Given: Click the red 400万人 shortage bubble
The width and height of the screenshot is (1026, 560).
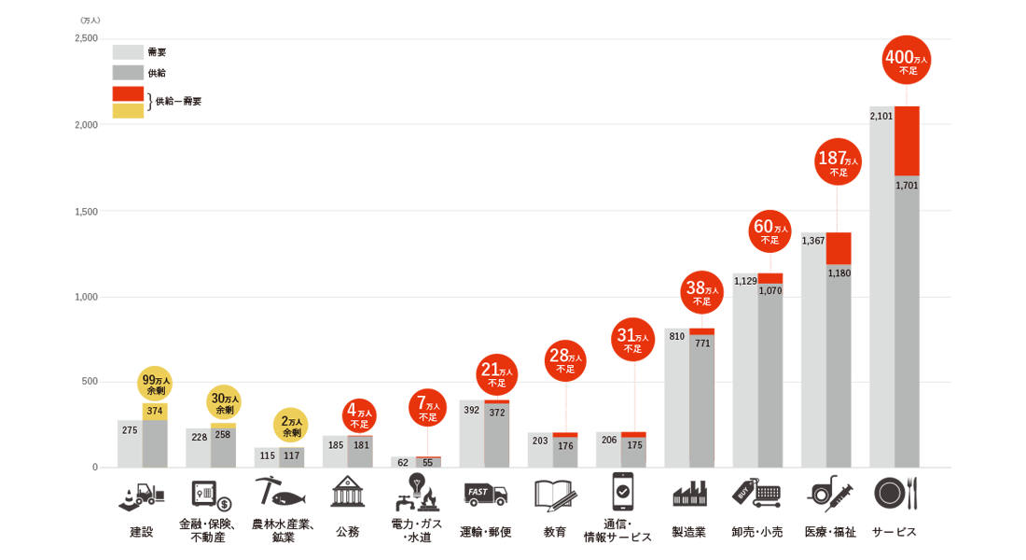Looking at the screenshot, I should coord(907,60).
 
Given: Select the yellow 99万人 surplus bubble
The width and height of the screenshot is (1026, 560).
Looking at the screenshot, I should coord(155,384).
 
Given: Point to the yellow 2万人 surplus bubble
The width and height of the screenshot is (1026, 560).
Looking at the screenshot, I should coord(292,425).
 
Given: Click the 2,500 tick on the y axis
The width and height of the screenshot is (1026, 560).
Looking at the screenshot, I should coord(86,38).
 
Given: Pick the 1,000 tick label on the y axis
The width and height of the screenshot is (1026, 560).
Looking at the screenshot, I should coord(86,297).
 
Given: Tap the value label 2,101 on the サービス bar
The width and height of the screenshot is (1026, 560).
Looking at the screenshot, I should coord(881,117).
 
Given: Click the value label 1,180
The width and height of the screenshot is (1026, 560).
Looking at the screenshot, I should coord(839,273).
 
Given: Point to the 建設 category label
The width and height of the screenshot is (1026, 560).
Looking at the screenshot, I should coord(141,532).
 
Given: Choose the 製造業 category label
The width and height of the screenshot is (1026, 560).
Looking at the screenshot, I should coord(689,532).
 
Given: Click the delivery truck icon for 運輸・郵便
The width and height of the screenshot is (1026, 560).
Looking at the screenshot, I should coord(485,493).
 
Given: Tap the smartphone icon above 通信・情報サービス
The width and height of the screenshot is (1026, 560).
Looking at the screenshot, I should coord(622,491).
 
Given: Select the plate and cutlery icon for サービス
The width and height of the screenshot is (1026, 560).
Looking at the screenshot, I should coord(895,492).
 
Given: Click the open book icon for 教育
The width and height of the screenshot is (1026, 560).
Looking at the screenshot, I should coord(553,493).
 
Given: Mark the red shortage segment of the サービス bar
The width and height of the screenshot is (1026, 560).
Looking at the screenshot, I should coord(907,141).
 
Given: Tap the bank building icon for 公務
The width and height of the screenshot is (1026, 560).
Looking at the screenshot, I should coord(347,492).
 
